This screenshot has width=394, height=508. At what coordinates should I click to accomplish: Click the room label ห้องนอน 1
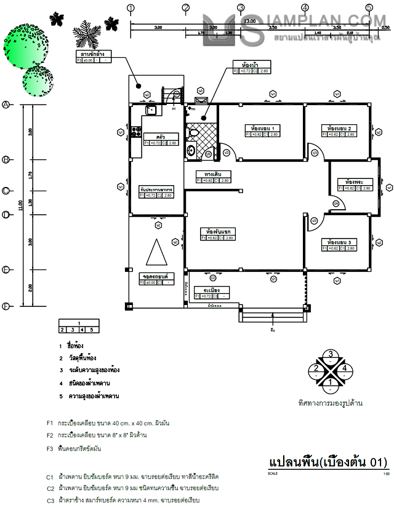(262, 129)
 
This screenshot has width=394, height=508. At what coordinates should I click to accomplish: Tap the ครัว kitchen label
(160, 137)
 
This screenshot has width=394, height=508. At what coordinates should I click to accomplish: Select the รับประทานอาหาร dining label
(156, 189)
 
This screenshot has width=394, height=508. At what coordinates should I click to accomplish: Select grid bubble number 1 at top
(131, 8)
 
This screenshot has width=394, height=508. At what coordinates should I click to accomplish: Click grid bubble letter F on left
(6, 306)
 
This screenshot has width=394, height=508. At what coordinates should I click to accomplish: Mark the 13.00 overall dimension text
(249, 22)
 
